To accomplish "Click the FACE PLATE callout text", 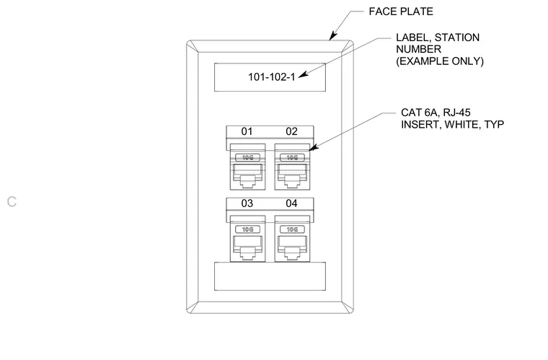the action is tap(401, 12).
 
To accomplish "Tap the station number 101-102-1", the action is tap(272, 77).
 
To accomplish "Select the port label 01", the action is tap(247, 131).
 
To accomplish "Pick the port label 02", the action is tap(291, 131).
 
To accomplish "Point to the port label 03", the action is tap(247, 203).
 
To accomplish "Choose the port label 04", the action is tap(291, 203).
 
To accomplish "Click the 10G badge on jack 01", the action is tap(247, 157).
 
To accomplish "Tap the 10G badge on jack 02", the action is tap(292, 157).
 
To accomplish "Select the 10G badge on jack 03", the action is tap(247, 229).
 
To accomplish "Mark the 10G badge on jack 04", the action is tap(292, 229).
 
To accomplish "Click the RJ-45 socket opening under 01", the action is tap(247, 176).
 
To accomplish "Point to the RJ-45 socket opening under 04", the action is tap(292, 247).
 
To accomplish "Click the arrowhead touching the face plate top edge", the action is tap(332, 35).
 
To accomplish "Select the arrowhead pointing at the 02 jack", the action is tap(314, 148).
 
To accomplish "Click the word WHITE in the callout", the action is tap(461, 124).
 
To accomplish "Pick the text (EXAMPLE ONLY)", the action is tap(440, 61).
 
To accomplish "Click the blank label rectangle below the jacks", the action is tap(270, 276).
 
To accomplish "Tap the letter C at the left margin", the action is tap(12, 202).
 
